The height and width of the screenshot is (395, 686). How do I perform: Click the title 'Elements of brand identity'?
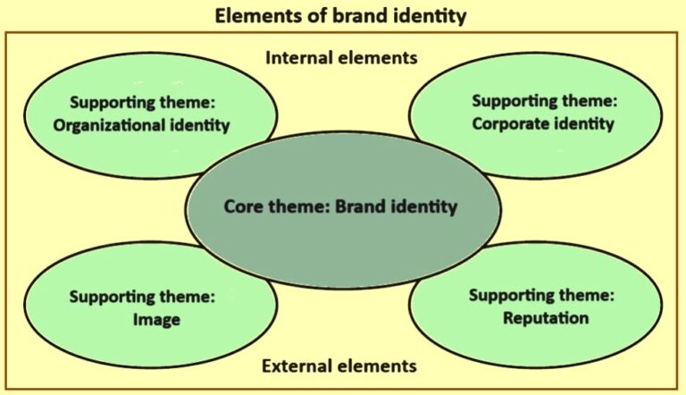point(340,16)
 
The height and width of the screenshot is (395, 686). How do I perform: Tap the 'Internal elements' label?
point(341,58)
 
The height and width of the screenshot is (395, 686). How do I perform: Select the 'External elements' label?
point(339,366)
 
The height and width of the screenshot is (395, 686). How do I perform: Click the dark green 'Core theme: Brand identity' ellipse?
point(343,210)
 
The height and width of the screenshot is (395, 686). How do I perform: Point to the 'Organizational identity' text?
point(141,126)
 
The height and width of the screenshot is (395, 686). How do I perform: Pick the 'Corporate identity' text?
point(543,124)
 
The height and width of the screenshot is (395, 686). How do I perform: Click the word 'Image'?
point(156,320)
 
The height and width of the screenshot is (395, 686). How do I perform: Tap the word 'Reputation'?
point(546,318)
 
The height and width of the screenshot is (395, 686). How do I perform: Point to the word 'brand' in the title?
point(360,16)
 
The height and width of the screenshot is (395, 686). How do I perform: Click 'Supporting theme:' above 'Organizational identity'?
point(143,103)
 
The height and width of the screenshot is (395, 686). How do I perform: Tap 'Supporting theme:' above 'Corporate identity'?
point(544,101)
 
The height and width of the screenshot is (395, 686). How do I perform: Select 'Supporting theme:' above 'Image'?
point(142,297)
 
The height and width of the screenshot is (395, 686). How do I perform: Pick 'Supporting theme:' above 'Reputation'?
point(541,296)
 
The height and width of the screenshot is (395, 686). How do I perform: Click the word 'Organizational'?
point(108,126)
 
